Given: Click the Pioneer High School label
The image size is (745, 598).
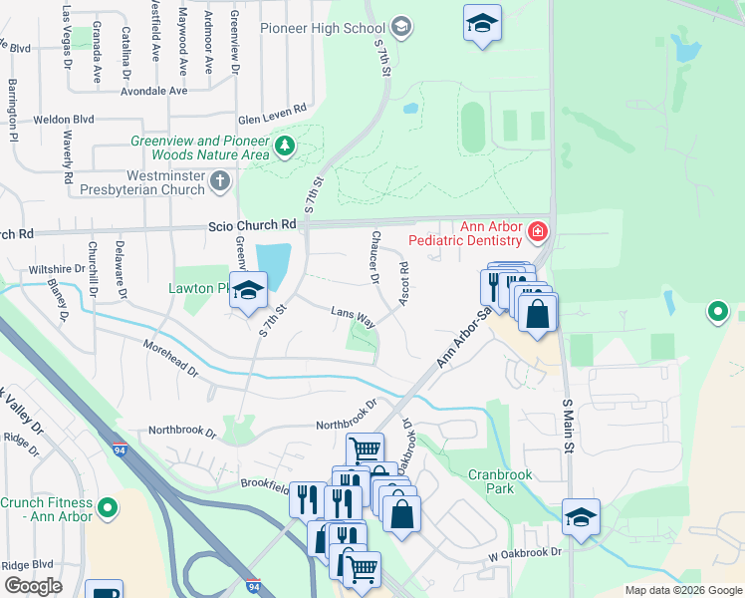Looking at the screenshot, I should pos(322,28).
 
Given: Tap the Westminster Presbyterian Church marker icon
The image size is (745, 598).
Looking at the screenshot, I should pos(220,180).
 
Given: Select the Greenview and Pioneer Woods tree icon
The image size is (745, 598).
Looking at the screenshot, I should pos(286,148).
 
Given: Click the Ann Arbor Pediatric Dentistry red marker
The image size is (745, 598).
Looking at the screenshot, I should pos(538,232).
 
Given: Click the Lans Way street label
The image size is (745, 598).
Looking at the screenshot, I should pos(353,317).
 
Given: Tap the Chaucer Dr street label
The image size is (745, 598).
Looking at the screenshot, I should pos(375,258).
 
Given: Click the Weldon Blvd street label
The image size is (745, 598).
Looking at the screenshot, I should pos(64,119).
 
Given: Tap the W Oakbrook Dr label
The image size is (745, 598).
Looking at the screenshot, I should pos(525,551).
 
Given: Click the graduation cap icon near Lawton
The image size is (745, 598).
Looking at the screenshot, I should pos(249,290).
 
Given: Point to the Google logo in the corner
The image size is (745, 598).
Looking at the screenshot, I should pos(33,586).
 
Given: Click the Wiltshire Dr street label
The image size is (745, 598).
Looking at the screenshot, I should pos(57,269).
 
